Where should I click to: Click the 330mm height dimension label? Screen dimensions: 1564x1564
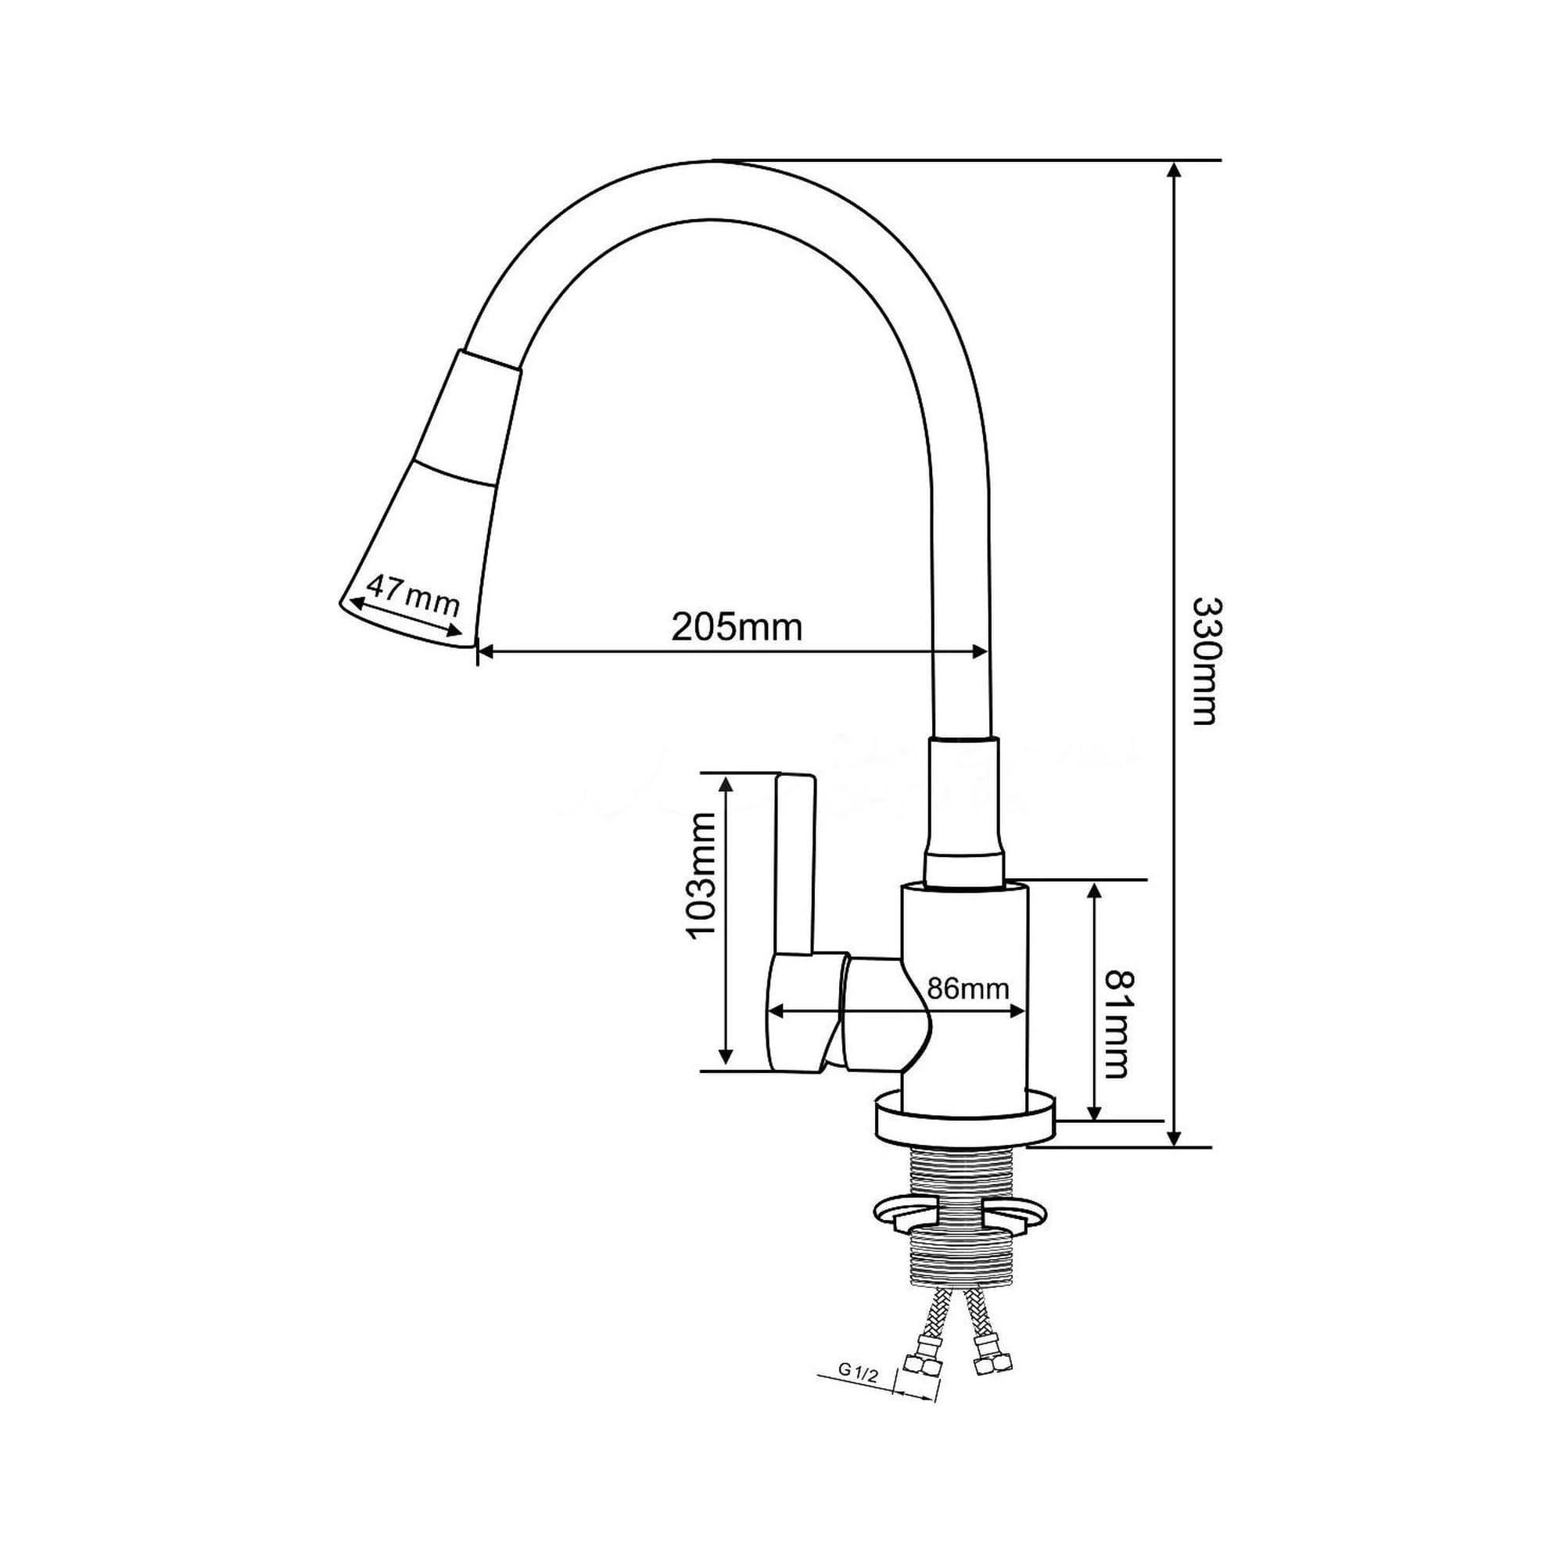coord(1205,662)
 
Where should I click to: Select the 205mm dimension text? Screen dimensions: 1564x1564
coord(736,627)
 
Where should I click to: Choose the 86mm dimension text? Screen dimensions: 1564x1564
coord(967,988)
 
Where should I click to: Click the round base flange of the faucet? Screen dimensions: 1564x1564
coord(966,1120)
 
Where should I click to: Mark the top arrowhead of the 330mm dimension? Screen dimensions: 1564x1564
coord(1175,170)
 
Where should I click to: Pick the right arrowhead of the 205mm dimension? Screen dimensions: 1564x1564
coord(981,651)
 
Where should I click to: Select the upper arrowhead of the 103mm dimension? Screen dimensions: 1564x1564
coord(726,784)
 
